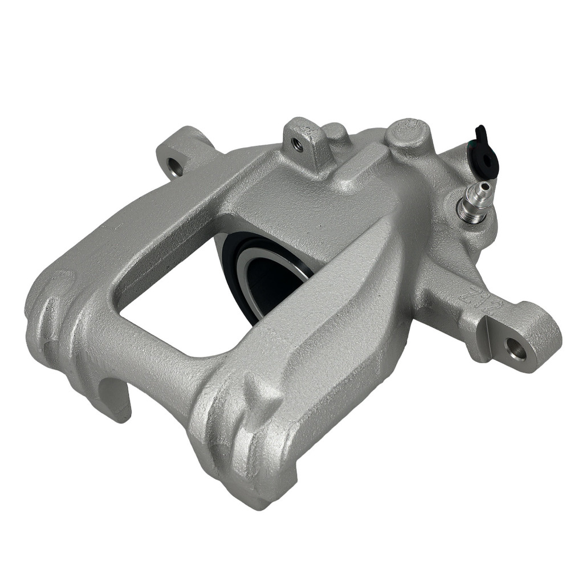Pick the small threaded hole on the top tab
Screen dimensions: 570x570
click(x=298, y=145)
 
